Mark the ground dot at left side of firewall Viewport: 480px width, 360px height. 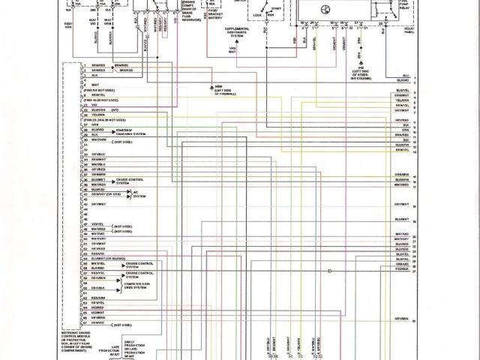213,86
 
